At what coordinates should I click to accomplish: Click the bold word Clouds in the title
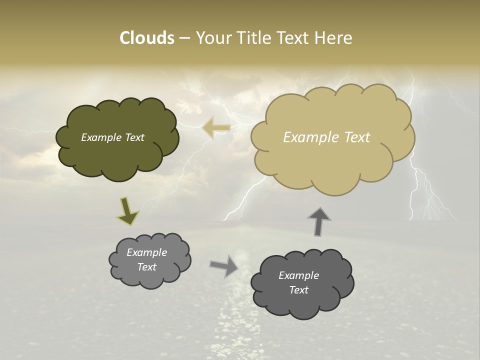(147, 38)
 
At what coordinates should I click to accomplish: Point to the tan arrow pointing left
(216, 128)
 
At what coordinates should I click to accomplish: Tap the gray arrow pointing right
(223, 266)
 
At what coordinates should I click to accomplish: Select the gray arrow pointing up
(319, 221)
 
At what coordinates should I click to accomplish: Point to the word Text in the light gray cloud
(146, 267)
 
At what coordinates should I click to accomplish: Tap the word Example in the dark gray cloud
(298, 275)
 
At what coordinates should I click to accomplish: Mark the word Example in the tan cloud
(310, 137)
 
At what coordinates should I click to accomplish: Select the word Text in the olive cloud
(134, 137)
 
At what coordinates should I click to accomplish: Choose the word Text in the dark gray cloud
(298, 290)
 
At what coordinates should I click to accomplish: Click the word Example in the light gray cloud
(146, 252)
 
